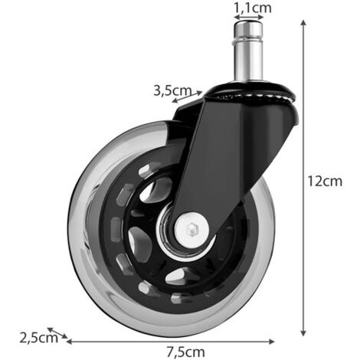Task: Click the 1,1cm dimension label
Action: point(253,8)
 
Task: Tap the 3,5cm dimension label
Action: point(172,90)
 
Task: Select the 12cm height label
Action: point(325,181)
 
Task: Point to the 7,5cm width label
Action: point(186,352)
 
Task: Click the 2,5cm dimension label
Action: point(39,338)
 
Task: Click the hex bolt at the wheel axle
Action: point(191,228)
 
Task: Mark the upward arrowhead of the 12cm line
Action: point(303,23)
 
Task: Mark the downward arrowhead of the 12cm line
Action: point(303,332)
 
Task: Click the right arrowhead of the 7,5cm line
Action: point(271,342)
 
